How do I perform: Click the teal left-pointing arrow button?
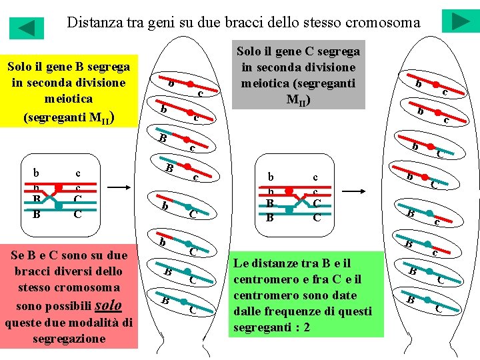pyautogui.click(x=26, y=28)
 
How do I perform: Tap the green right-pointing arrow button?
pyautogui.click(x=460, y=21)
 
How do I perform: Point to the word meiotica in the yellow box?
pyautogui.click(x=68, y=99)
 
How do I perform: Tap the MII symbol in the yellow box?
pyautogui.click(x=107, y=119)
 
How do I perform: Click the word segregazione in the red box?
pyautogui.click(x=69, y=339)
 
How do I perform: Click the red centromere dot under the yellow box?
pyautogui.click(x=59, y=187)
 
